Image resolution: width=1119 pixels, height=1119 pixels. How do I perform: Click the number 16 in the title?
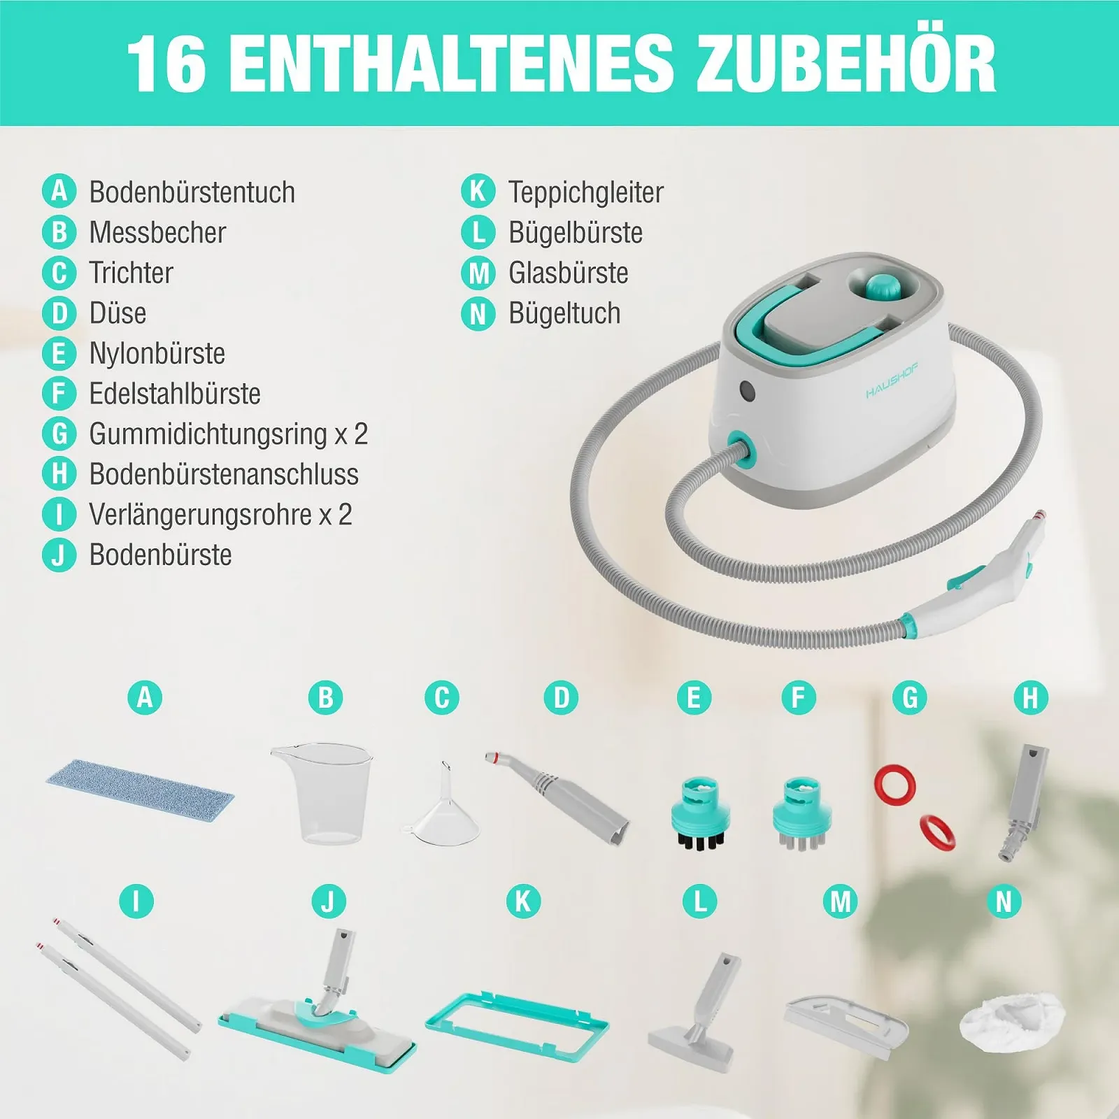coord(167,64)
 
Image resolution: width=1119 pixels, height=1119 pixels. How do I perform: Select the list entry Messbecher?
coord(157,232)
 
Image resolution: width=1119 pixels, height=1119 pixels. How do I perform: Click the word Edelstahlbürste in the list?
coord(175,393)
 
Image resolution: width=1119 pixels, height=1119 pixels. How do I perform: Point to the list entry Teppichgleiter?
coord(586,192)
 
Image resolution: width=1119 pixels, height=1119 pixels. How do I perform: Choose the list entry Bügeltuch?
coord(564,313)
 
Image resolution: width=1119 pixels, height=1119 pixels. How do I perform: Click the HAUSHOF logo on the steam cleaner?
coord(892,380)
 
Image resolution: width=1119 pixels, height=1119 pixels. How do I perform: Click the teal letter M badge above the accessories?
coord(840,901)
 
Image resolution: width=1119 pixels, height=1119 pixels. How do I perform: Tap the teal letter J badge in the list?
coord(59,555)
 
